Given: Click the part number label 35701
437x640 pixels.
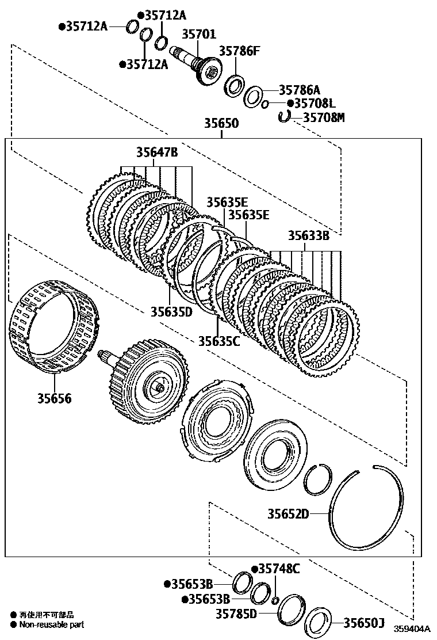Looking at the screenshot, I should click(200, 35).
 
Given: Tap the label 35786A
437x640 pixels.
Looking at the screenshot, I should click(299, 90).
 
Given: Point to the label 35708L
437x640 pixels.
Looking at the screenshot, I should click(314, 104).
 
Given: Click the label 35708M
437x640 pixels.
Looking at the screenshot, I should click(324, 117).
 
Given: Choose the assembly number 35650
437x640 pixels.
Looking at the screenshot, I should click(221, 124).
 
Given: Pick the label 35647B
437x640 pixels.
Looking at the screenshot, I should click(157, 153).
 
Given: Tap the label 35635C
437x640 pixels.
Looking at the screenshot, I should click(219, 341).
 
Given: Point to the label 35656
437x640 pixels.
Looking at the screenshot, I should click(55, 398).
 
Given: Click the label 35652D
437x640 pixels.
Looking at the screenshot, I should click(288, 513).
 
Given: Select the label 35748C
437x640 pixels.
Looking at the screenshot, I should click(279, 569).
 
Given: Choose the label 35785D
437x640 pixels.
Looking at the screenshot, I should click(236, 614).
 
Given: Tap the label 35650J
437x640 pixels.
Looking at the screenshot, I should click(363, 622).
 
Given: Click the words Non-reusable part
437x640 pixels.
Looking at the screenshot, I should click(51, 624).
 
